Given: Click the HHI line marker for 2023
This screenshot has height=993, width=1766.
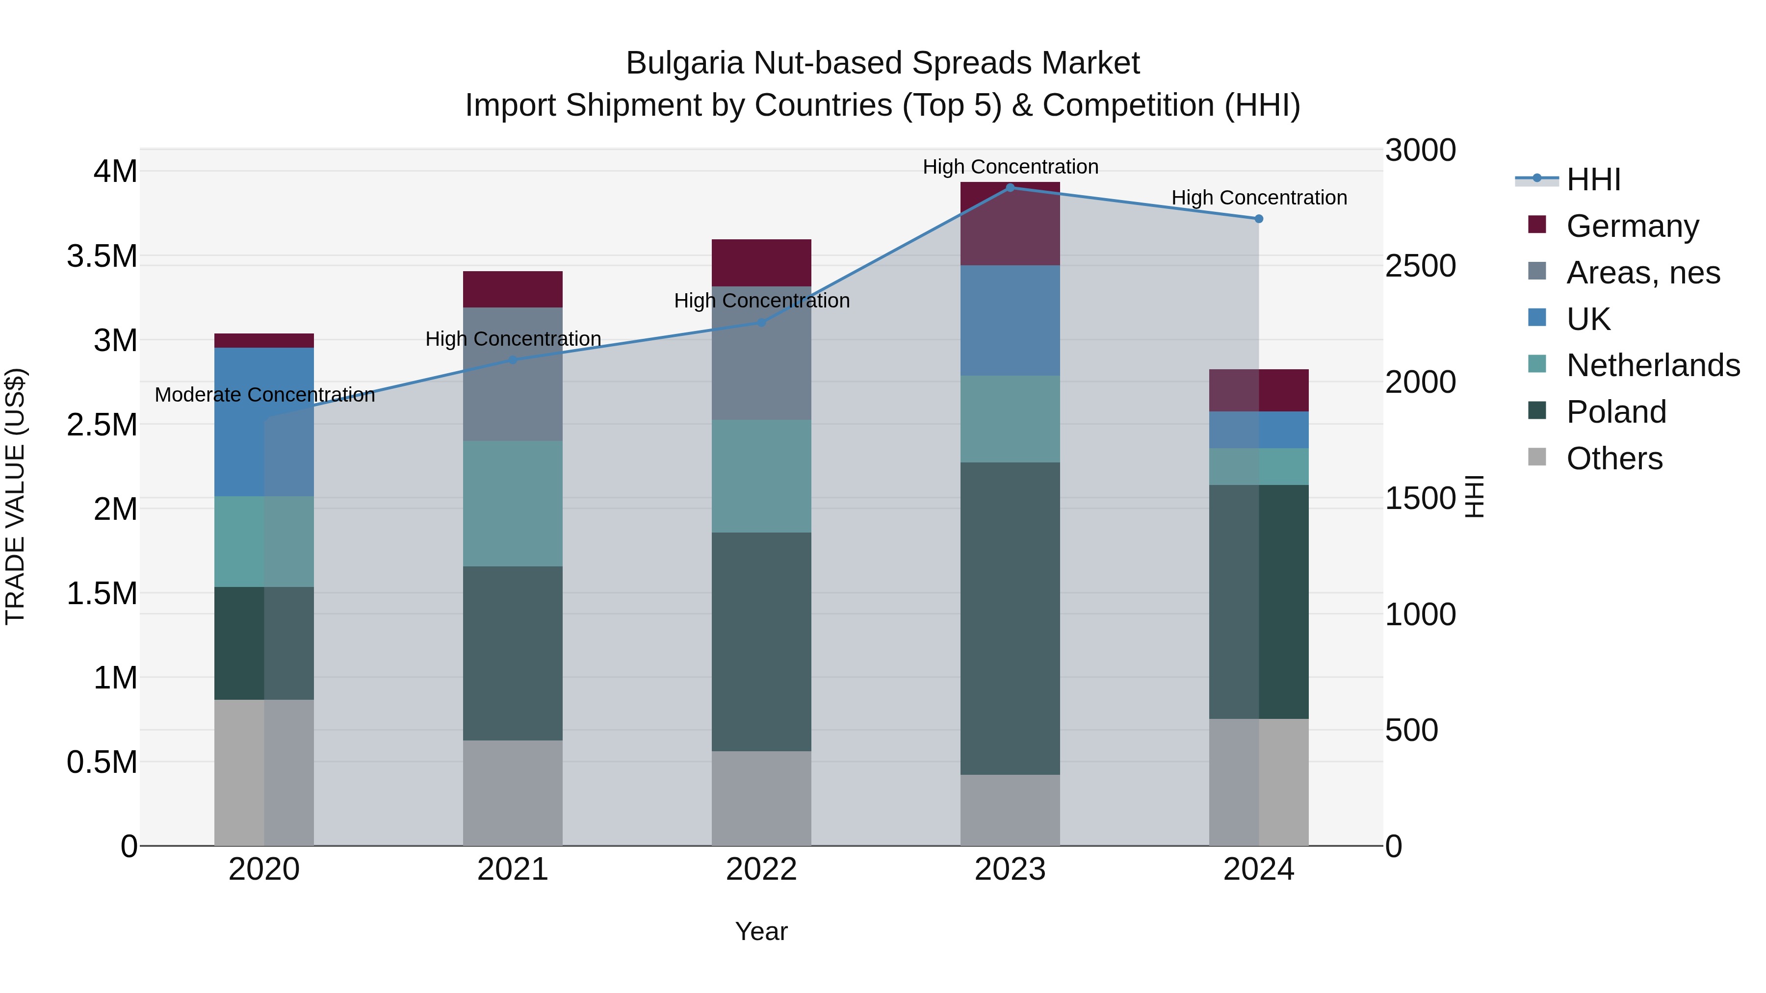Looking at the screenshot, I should pos(1010,188).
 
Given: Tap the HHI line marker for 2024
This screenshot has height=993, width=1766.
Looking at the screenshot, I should pos(1259,219).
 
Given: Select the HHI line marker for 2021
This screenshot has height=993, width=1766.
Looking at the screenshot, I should pos(513,360).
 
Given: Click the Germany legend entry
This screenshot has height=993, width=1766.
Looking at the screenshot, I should pos(1632,226).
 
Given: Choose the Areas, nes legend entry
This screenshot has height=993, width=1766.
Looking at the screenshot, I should pos(1642,273).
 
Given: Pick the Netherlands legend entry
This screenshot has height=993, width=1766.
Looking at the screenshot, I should pos(1653,365).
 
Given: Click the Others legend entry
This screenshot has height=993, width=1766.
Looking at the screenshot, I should pos(1614,458).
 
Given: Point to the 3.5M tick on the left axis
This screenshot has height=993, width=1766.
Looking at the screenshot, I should pos(102,256).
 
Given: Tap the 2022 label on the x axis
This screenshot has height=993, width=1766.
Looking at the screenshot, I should pos(761,869).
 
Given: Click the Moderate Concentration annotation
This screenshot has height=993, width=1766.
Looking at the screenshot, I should pos(264,395).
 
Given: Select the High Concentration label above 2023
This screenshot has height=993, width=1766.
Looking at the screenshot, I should pos(1011,167).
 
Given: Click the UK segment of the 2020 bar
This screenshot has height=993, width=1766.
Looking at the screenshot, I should pos(264,421).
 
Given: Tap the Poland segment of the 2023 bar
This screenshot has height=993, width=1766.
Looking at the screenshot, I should pos(1010,618).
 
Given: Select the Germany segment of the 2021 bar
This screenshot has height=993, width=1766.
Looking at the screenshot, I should pos(513,289).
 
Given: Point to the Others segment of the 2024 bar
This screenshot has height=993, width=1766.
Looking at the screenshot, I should pos(1259,782).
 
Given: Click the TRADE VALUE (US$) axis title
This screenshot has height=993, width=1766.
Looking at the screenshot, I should pos(15,496).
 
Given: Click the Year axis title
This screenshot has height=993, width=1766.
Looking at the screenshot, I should pos(761,931).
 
